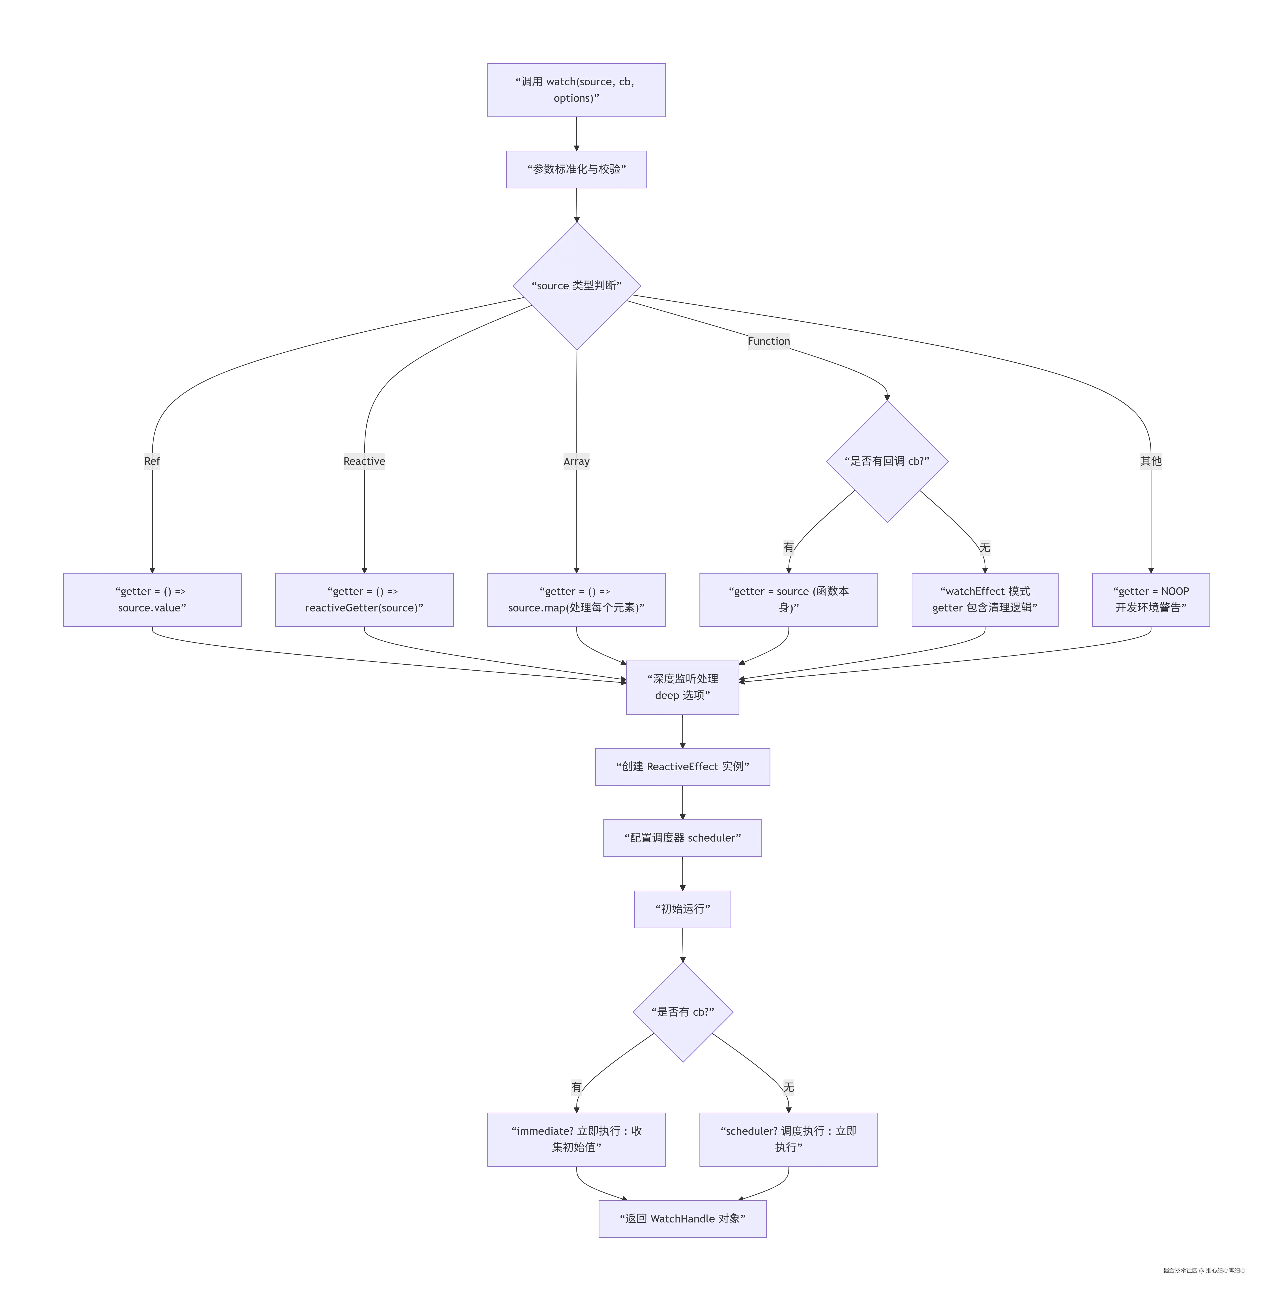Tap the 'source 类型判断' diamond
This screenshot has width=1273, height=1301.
pos(576,286)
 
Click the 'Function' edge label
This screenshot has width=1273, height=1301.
pos(768,341)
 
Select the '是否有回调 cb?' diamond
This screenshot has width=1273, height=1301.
pos(887,461)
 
